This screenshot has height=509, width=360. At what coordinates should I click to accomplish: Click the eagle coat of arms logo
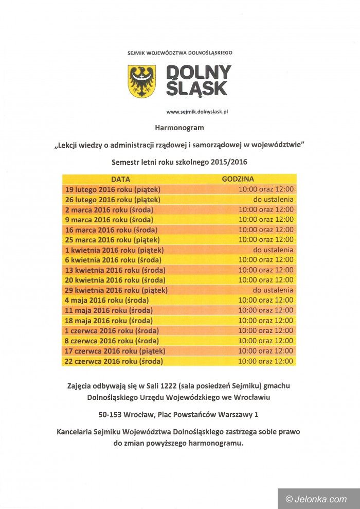[x=141, y=81]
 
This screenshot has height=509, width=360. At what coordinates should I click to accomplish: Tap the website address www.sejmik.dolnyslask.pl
[x=197, y=112]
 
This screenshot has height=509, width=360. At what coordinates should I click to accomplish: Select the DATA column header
[x=120, y=180]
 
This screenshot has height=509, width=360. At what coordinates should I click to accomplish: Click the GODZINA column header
[x=238, y=180]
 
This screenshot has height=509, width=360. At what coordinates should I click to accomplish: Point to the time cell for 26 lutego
[x=273, y=199]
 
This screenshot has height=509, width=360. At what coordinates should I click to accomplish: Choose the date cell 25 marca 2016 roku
[x=112, y=240]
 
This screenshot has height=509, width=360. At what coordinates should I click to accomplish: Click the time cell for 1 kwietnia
[x=273, y=250]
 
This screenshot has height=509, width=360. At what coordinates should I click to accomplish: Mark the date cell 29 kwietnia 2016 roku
[x=116, y=290]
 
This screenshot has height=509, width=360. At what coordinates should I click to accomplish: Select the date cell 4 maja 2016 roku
[x=106, y=300]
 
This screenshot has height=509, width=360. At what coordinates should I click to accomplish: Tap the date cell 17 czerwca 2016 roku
[x=115, y=350]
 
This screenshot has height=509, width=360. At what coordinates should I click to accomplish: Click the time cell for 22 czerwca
[x=266, y=361]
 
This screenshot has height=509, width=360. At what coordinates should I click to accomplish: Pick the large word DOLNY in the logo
[x=199, y=72]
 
